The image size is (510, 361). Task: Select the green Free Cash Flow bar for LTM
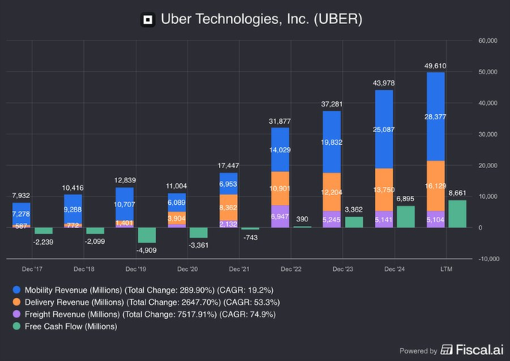pos(457,213)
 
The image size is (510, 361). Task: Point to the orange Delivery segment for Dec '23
pos(331,193)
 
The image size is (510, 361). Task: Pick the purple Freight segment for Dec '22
pos(279,215)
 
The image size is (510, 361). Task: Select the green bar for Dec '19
pos(147,234)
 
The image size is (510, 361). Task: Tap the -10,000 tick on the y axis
pos(488,259)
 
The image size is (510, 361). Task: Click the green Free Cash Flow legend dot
pos(16,326)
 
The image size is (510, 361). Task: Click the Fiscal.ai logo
pos(470,350)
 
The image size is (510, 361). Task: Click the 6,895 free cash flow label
pos(405,197)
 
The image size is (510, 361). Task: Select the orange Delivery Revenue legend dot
pos(16,301)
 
